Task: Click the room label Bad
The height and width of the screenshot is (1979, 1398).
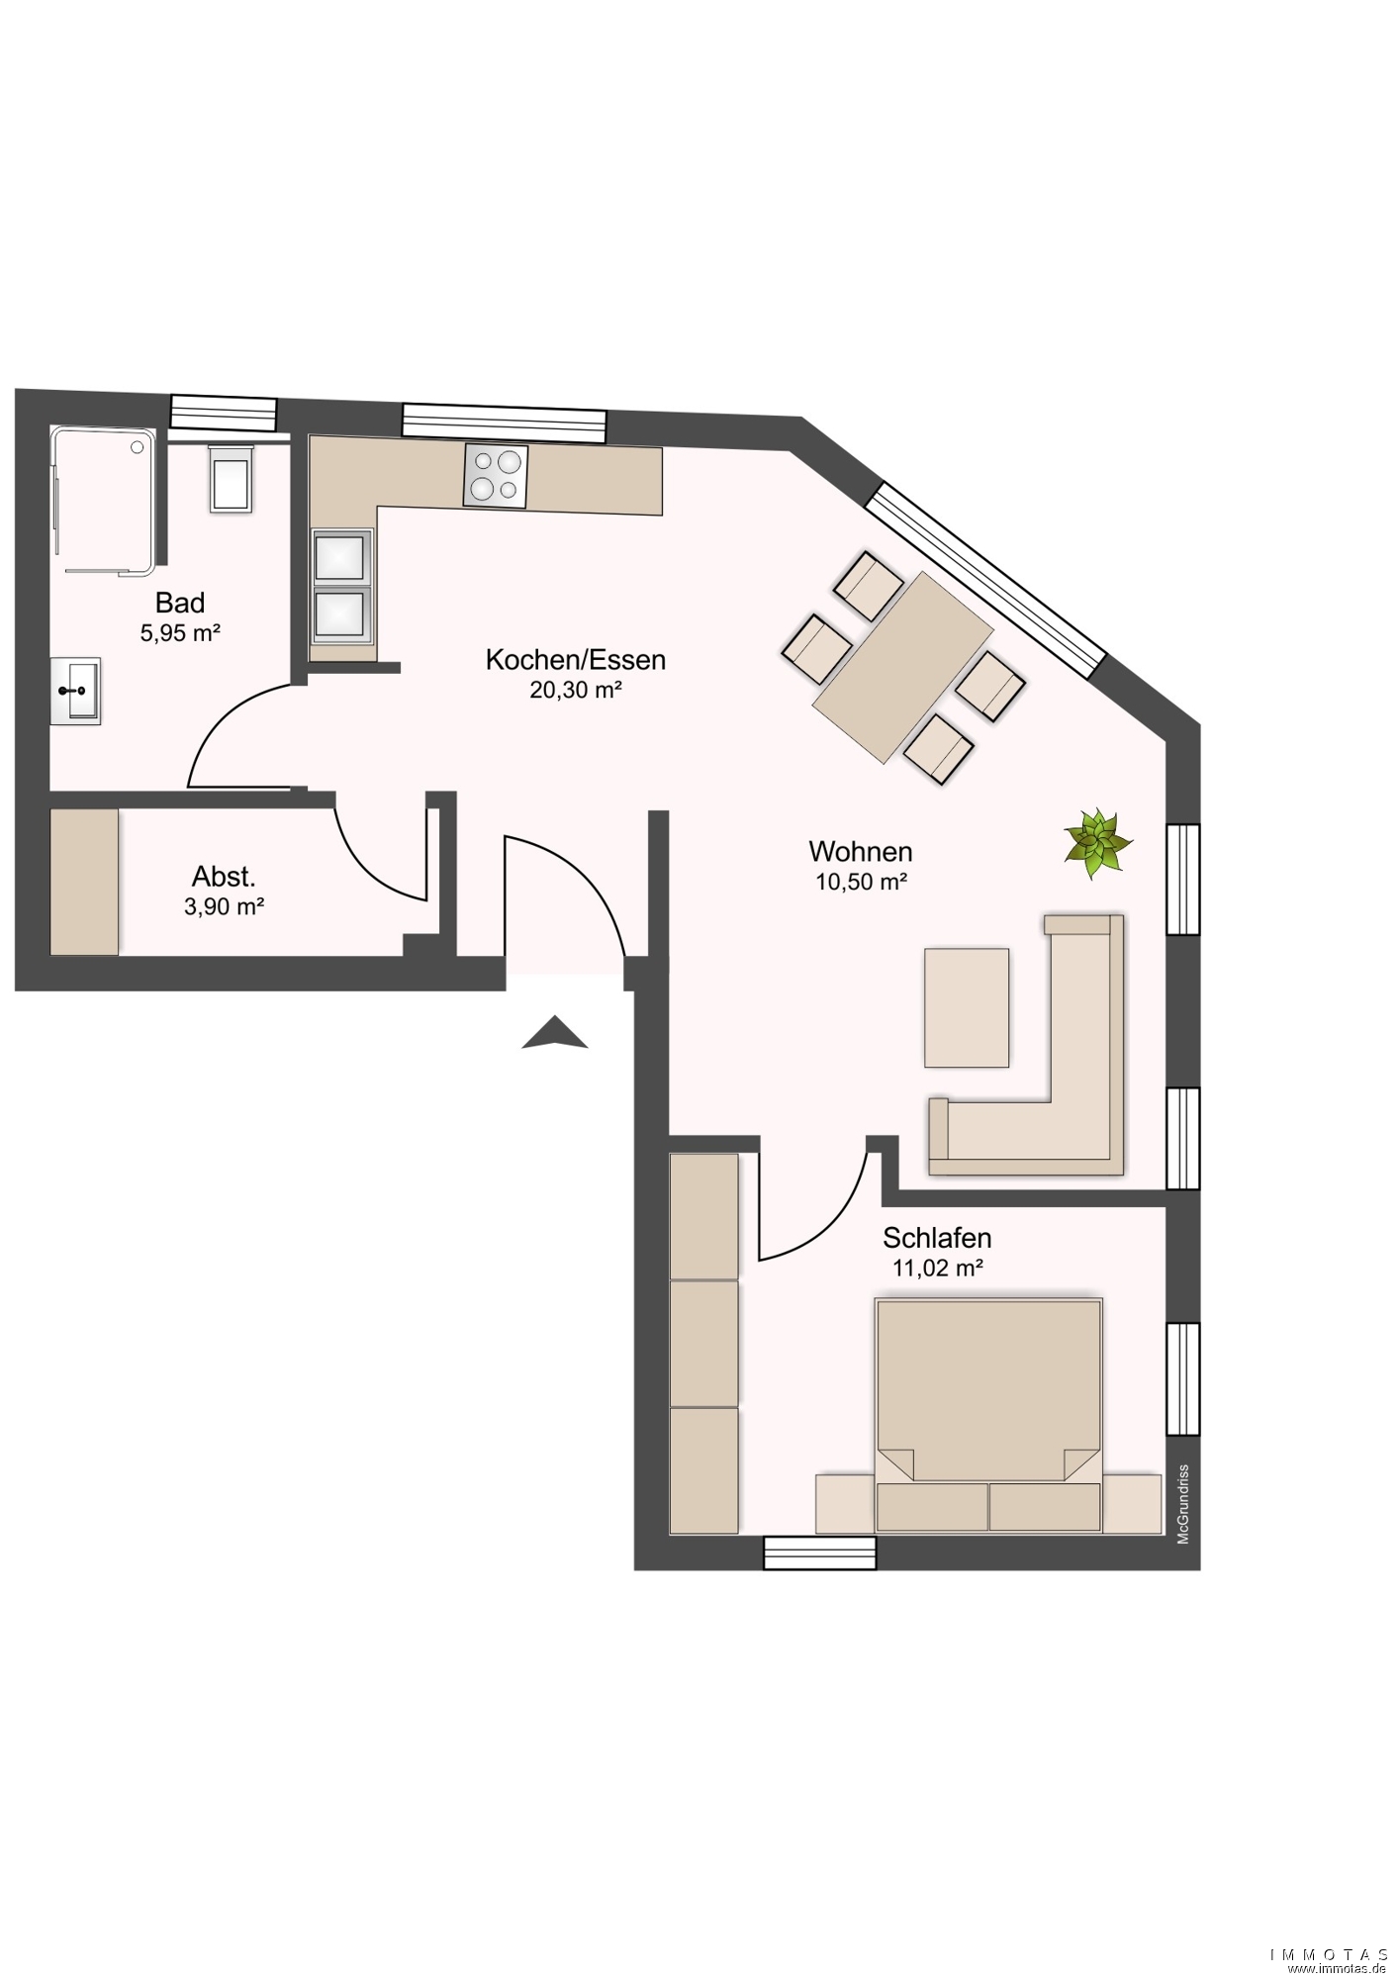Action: [180, 603]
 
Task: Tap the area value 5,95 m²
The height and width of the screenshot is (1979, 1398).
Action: [180, 633]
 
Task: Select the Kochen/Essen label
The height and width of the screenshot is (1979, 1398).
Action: [575, 660]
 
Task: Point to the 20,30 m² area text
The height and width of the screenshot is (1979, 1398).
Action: [575, 690]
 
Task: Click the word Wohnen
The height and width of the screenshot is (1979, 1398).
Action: [861, 851]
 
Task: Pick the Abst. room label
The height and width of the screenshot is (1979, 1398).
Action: [224, 877]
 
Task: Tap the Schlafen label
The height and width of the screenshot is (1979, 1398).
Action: [937, 1238]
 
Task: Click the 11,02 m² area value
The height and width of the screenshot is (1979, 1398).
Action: [937, 1268]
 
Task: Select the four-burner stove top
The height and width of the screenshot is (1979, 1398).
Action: [496, 476]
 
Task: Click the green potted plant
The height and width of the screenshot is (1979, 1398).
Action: [1097, 842]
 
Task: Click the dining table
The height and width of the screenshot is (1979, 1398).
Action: [902, 668]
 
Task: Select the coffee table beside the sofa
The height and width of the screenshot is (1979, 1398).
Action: [967, 1007]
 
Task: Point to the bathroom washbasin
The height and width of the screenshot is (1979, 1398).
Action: [75, 691]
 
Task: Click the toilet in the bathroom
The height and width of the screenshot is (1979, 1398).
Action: [231, 478]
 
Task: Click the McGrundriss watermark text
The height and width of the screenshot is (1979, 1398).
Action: [1182, 1504]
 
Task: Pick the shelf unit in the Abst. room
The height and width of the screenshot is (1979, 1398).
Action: [84, 883]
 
